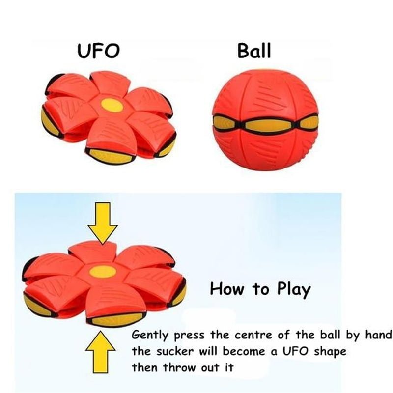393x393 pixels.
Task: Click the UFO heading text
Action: [98, 51]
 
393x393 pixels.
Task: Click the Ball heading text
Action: [254, 51]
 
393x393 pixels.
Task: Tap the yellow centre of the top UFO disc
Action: [112, 105]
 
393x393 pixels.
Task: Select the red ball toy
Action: [265, 120]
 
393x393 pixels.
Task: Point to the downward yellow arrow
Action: [103, 224]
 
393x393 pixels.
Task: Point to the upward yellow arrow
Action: [101, 352]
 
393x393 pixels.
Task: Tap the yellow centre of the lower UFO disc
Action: [103, 272]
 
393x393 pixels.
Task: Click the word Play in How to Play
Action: [294, 290]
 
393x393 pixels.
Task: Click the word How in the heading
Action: [226, 289]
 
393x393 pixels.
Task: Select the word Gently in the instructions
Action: [150, 336]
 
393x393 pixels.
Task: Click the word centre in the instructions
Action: [253, 335]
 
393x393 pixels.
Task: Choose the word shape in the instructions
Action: [330, 352]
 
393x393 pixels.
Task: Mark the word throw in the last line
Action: [179, 367]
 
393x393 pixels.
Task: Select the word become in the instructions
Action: [244, 351]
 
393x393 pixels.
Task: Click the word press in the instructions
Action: [189, 336]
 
